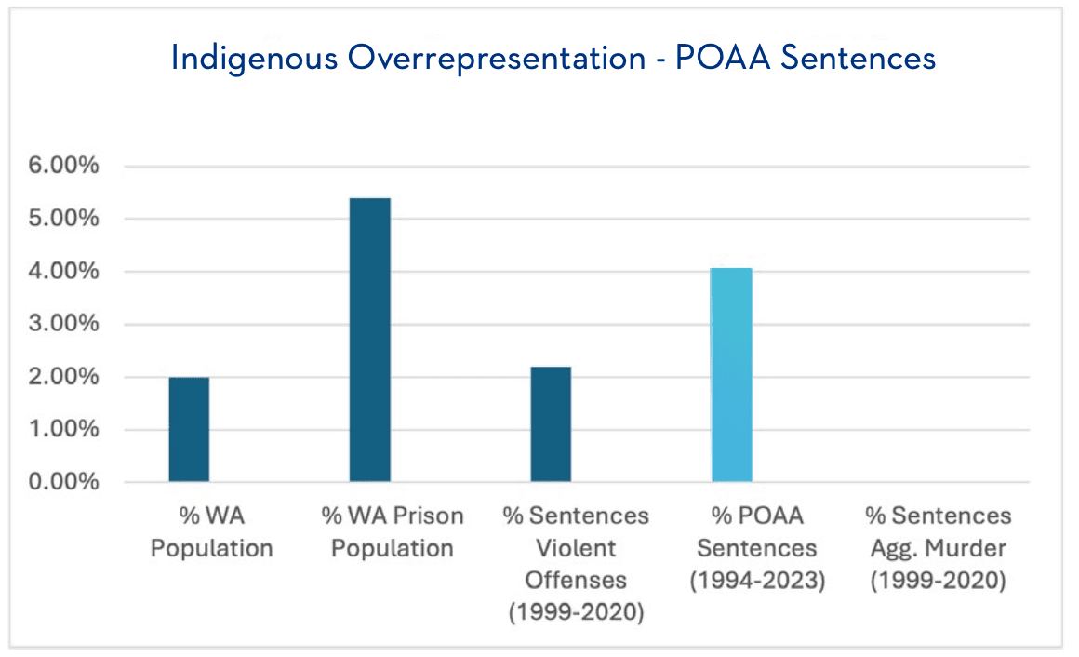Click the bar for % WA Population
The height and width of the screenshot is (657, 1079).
click(x=189, y=430)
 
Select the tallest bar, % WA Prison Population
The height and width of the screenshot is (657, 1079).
click(x=369, y=341)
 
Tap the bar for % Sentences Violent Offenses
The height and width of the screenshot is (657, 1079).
click(x=551, y=424)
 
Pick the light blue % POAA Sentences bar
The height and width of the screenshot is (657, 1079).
click(x=732, y=375)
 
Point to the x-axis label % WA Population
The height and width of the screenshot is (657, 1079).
click(x=212, y=532)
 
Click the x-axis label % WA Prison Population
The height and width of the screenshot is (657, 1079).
click(x=393, y=532)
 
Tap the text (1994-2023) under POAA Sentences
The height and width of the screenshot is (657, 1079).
click(x=757, y=581)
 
